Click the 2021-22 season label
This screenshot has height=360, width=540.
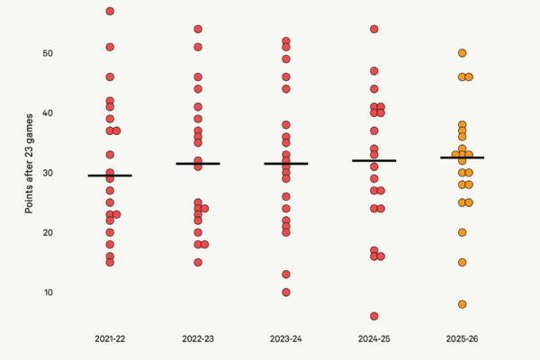(110, 338)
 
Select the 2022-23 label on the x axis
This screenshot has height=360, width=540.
(198, 338)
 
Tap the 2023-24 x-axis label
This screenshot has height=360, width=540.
(286, 338)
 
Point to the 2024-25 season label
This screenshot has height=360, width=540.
(374, 338)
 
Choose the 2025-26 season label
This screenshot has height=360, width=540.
(463, 338)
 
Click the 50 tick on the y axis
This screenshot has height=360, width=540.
(48, 53)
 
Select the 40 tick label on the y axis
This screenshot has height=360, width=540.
(48, 113)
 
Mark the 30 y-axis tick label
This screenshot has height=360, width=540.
(48, 173)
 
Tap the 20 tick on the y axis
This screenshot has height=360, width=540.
(48, 232)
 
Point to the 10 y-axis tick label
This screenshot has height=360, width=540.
(48, 292)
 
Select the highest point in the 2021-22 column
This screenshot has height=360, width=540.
(110, 11)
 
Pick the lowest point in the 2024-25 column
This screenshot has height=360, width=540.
(374, 316)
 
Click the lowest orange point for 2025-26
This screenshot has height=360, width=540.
(463, 304)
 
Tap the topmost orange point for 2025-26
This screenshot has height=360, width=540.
(463, 53)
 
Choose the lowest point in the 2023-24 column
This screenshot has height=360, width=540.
(286, 292)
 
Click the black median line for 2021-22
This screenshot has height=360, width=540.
(110, 175)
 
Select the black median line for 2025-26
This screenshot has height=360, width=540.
(463, 157)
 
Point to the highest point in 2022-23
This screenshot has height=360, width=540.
(198, 29)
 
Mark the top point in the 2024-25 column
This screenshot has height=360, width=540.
(374, 29)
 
